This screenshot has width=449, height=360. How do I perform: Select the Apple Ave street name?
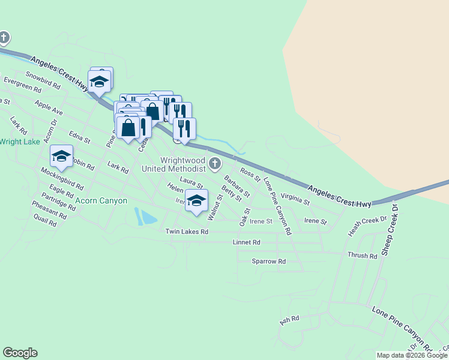[49, 108]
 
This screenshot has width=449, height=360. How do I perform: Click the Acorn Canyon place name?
[101, 200]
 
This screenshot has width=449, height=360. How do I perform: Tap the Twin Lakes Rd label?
[187, 232]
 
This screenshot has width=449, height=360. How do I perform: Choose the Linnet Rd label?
[246, 242]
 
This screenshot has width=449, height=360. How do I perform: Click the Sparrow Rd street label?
[268, 262]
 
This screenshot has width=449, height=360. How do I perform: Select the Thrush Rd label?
[362, 256]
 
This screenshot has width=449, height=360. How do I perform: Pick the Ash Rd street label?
[289, 320]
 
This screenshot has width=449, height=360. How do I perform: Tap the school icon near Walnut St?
[196, 201]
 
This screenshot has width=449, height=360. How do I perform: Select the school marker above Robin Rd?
[61, 157]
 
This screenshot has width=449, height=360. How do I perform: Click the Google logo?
[20, 353]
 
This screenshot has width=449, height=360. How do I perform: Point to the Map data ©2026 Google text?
[412, 355]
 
